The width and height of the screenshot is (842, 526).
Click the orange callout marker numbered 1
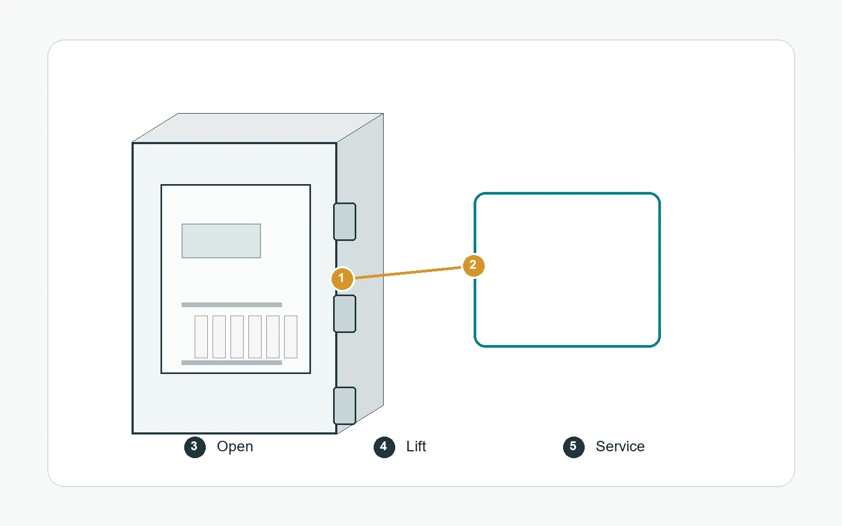tap(342, 278)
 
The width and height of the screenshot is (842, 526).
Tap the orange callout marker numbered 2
tap(474, 266)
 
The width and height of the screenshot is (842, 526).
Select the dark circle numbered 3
tap(195, 447)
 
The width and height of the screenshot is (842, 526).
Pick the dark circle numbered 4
tap(384, 447)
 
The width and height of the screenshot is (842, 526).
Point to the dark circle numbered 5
tap(574, 447)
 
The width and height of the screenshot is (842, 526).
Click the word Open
tap(235, 447)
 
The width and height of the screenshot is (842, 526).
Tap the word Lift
tap(416, 447)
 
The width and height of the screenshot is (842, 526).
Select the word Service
tap(620, 447)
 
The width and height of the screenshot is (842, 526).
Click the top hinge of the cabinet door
tap(345, 221)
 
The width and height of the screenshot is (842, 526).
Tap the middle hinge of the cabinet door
tap(345, 313)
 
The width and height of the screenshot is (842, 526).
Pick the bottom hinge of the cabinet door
tap(345, 406)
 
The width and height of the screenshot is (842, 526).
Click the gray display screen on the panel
tap(221, 241)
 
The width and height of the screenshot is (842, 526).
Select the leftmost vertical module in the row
tap(201, 337)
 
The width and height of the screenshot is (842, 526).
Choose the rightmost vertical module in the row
tap(290, 337)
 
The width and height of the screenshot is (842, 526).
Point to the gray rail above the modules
tap(232, 305)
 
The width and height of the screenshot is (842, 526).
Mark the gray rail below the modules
tap(232, 362)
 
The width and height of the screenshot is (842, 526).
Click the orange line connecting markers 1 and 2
tap(408, 272)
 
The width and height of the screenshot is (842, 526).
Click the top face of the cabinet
tap(258, 128)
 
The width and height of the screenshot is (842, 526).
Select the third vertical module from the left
tap(237, 337)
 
